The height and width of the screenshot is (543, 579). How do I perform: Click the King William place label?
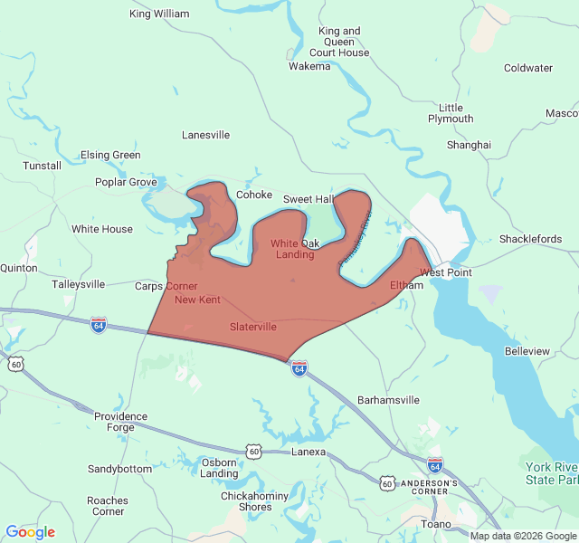(159, 14)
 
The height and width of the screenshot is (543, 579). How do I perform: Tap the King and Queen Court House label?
(339, 42)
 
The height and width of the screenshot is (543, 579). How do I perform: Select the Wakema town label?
(309, 66)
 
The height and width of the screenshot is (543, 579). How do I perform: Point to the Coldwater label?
(528, 68)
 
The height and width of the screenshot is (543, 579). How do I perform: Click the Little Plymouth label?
(451, 113)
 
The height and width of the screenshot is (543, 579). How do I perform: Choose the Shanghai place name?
(469, 145)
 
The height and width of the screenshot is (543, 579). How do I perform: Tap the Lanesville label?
(206, 135)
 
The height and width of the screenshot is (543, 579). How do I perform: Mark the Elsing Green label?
(110, 155)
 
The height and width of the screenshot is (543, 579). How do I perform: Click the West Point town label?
(446, 272)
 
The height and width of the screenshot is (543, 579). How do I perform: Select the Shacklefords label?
(530, 239)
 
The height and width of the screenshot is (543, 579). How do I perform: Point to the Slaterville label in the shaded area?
(253, 327)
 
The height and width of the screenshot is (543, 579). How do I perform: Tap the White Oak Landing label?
(295, 249)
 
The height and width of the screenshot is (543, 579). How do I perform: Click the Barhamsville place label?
(389, 399)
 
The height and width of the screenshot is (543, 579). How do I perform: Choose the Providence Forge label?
(120, 423)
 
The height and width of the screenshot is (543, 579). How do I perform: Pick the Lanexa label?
(308, 452)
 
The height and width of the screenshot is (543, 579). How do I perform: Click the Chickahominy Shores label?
(246, 501)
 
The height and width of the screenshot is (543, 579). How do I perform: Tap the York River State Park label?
(551, 472)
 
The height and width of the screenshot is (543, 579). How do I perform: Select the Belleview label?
(527, 350)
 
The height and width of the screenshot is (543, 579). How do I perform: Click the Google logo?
(30, 532)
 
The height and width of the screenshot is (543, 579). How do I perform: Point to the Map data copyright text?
(522, 536)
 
